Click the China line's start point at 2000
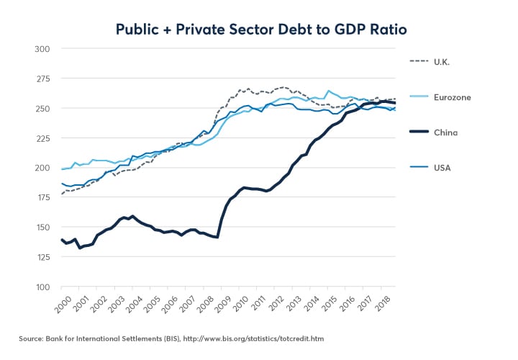(62, 240)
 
